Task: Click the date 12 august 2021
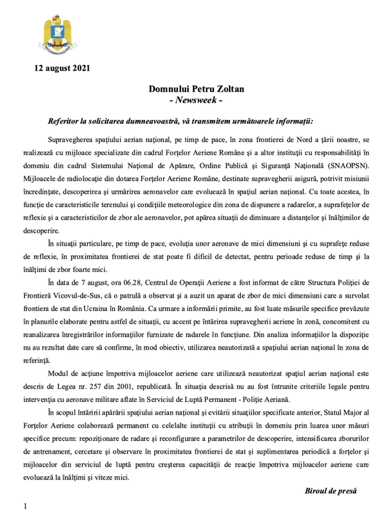click(62, 69)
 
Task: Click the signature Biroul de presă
click(331, 490)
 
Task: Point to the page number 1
click(25, 505)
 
